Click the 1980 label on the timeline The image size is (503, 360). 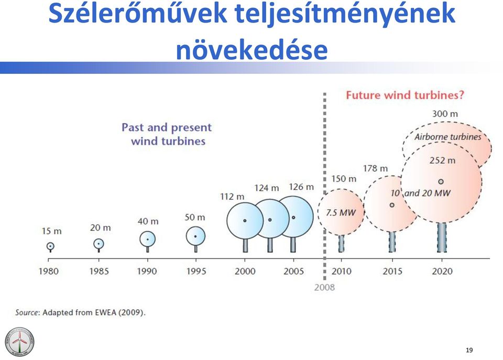[x=48, y=271]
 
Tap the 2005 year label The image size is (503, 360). [x=293, y=271]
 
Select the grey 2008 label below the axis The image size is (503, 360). [x=324, y=287]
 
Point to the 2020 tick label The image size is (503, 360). [x=442, y=271]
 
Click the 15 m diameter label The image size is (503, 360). [x=51, y=231]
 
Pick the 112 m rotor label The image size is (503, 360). [x=232, y=197]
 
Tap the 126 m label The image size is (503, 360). [x=301, y=187]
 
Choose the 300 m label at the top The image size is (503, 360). [x=445, y=114]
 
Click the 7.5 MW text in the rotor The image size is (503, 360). [x=341, y=212]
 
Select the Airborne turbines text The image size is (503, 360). [x=448, y=137]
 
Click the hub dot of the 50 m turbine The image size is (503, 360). [x=195, y=236]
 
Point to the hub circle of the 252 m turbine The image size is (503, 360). [x=441, y=182]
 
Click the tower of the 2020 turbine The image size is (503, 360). [x=442, y=237]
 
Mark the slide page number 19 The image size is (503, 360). [x=469, y=350]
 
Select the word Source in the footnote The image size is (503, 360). [x=27, y=312]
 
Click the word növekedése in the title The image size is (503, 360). [x=252, y=50]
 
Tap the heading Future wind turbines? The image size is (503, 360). [x=405, y=95]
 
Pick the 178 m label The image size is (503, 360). [x=375, y=168]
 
